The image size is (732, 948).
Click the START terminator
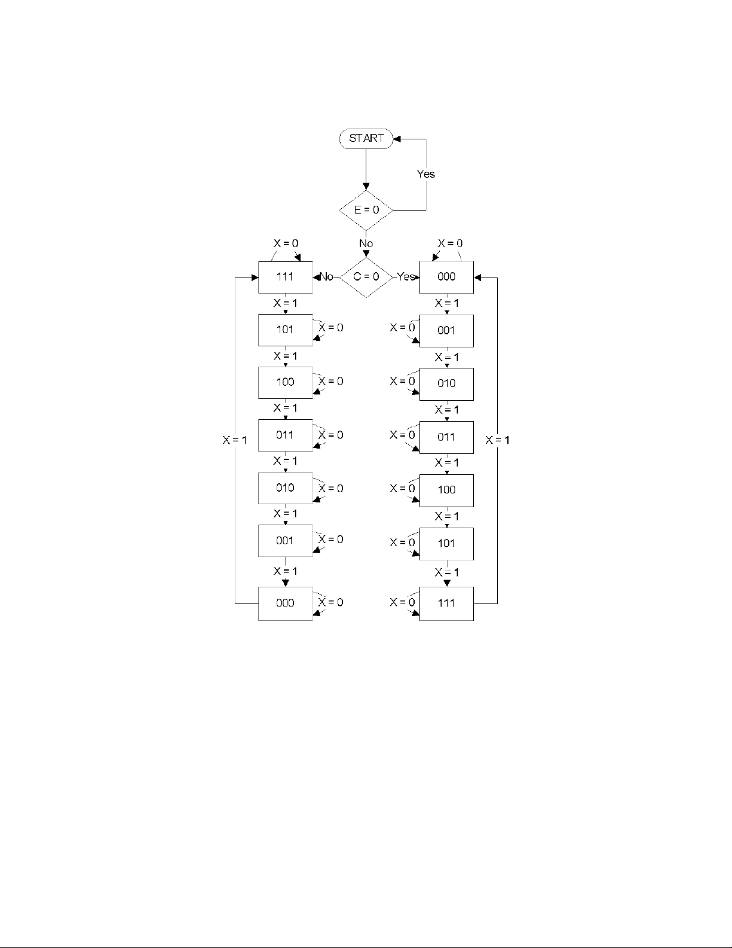366,138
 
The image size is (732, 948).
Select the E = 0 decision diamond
366,210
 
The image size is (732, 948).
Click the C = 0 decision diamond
366,277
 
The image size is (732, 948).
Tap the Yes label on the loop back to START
425,174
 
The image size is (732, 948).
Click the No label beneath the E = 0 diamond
366,243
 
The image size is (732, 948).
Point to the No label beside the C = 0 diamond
326,277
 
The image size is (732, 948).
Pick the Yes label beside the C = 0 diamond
406,277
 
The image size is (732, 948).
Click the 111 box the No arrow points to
285,277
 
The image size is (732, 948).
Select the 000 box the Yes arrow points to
446,277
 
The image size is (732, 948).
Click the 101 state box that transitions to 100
285,330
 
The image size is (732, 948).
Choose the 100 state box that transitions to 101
446,490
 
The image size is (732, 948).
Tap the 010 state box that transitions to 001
285,488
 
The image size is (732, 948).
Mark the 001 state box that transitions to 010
446,330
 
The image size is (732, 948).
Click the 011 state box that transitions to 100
446,437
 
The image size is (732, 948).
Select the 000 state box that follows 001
285,603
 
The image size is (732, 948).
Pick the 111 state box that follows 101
446,603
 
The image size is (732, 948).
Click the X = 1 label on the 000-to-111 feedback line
235,440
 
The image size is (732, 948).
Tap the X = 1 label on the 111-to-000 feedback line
498,440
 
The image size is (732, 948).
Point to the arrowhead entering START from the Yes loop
397,138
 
